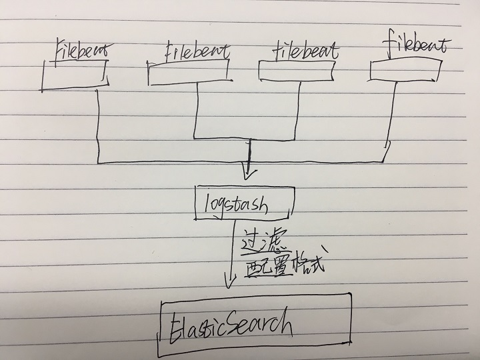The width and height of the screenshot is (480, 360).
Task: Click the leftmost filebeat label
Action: pyautogui.click(x=79, y=49)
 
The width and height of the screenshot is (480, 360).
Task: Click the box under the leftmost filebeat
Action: pyautogui.click(x=75, y=73)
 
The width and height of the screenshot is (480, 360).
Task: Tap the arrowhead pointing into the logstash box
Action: pyautogui.click(x=249, y=174)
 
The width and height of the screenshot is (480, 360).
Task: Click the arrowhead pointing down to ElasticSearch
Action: pyautogui.click(x=229, y=283)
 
